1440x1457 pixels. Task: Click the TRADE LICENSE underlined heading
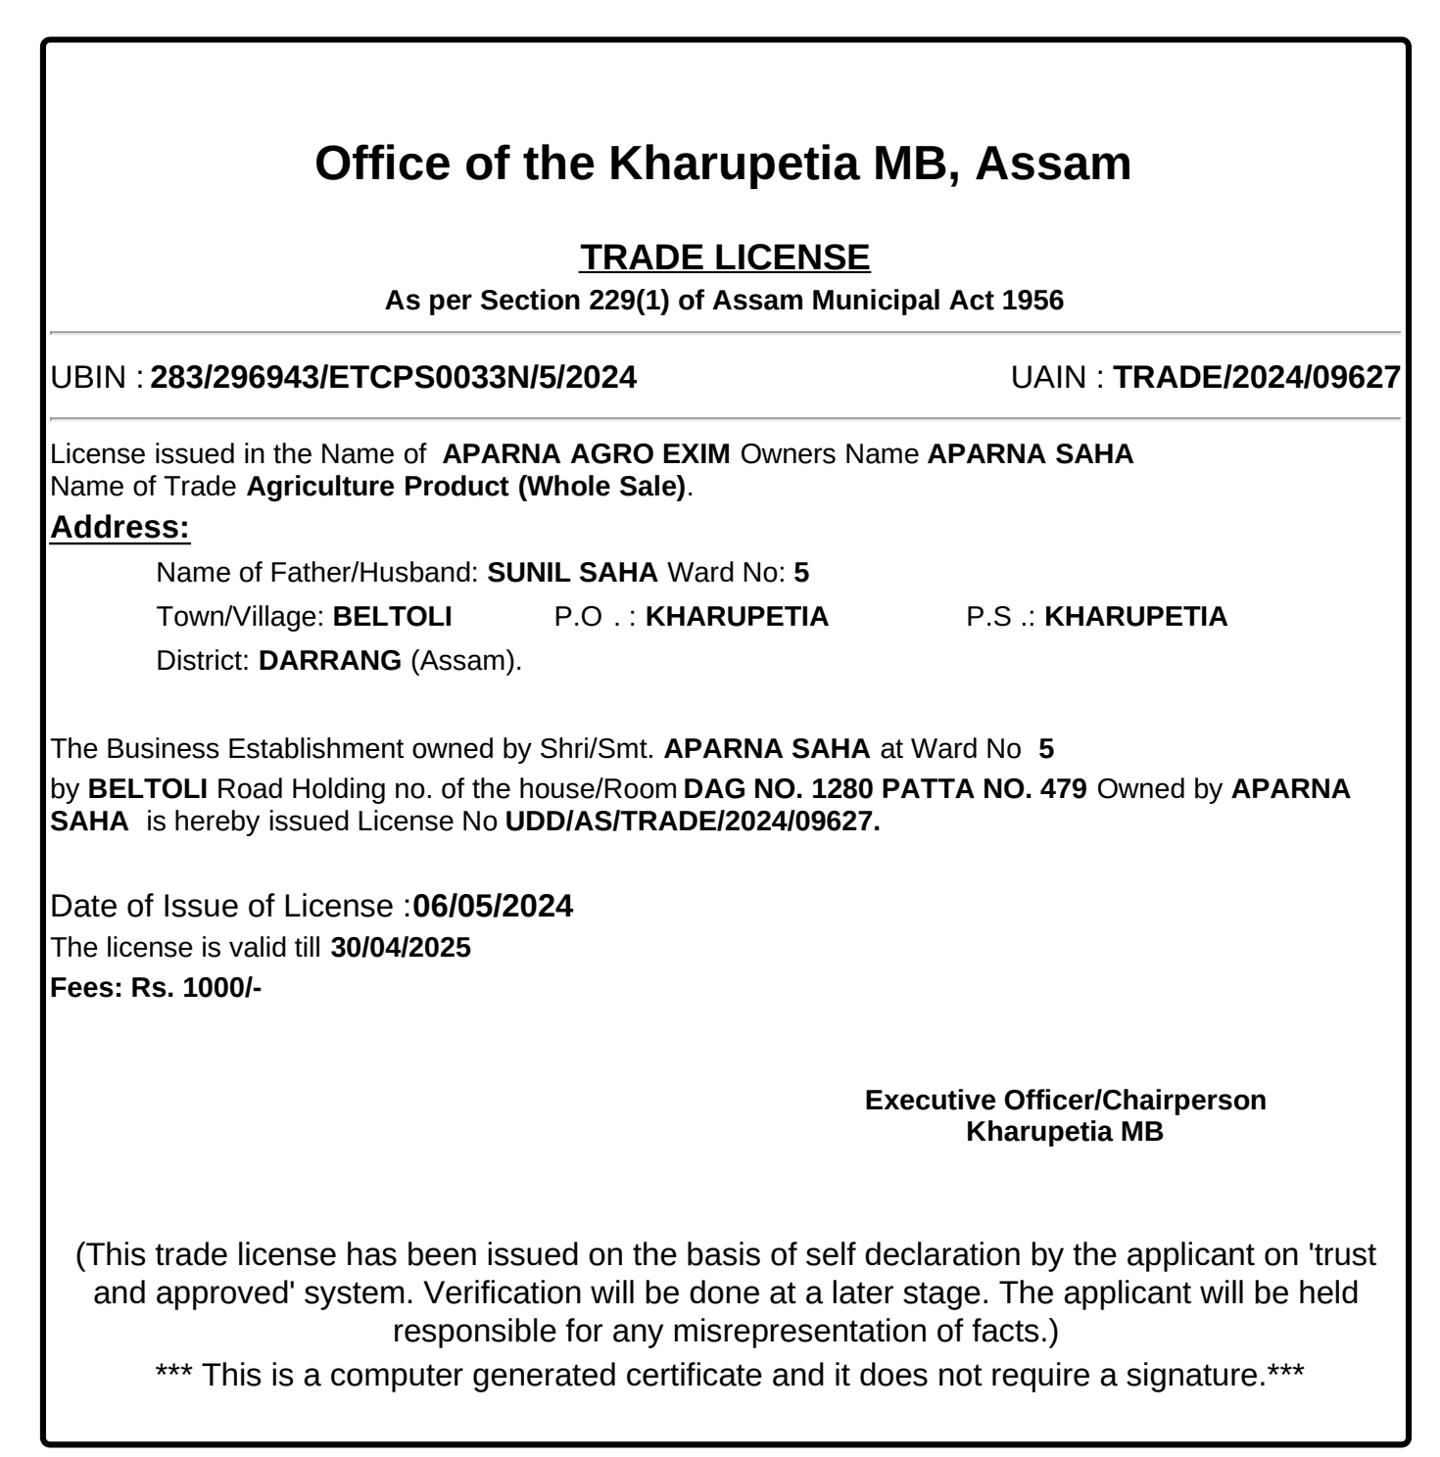click(724, 258)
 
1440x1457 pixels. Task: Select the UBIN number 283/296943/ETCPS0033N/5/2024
click(393, 377)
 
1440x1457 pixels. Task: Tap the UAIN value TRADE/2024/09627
click(1257, 377)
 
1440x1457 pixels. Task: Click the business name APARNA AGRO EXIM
click(586, 454)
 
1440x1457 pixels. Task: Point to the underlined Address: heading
click(120, 527)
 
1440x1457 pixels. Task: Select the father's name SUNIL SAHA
click(572, 573)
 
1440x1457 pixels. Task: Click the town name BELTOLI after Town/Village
click(393, 617)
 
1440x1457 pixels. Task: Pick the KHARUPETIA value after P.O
click(737, 617)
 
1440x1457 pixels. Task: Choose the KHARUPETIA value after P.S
click(1135, 617)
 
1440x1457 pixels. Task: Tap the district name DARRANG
click(330, 660)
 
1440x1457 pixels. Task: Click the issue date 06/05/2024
click(493, 906)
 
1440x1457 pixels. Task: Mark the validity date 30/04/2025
click(401, 948)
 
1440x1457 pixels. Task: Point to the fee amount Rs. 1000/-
click(196, 987)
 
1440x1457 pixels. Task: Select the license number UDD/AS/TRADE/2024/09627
click(693, 822)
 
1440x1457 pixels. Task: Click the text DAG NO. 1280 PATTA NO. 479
click(886, 789)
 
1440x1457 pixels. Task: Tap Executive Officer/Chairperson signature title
click(1065, 1100)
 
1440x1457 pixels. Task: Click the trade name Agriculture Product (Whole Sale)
click(466, 487)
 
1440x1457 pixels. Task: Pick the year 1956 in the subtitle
click(1032, 300)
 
